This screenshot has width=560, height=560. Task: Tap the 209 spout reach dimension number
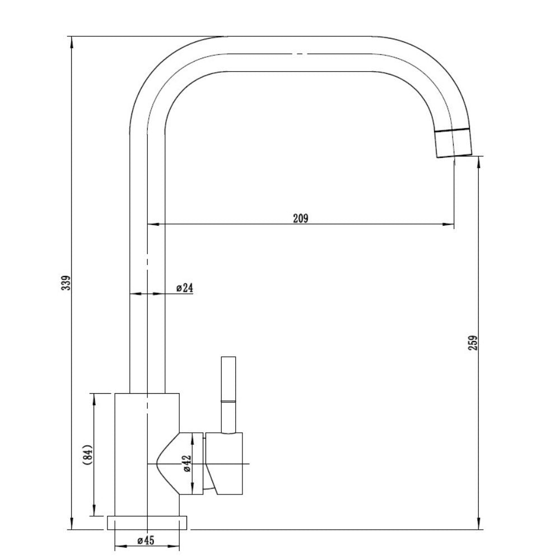(x=300, y=218)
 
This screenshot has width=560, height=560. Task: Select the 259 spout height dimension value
(x=473, y=343)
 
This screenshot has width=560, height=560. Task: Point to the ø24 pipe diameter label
(x=185, y=288)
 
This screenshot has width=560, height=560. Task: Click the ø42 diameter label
(x=188, y=464)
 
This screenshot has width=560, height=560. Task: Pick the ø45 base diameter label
(x=146, y=540)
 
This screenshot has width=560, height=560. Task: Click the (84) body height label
(x=87, y=455)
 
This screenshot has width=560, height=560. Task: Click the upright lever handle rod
(x=228, y=395)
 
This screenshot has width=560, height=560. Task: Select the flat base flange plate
(x=147, y=522)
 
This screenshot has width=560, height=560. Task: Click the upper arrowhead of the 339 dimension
(x=72, y=42)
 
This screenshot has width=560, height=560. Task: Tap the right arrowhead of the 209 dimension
(x=449, y=225)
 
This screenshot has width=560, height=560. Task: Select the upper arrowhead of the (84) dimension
(x=94, y=399)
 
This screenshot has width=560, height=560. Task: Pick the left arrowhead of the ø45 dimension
(x=120, y=546)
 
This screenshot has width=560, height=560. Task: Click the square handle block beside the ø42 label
(x=225, y=464)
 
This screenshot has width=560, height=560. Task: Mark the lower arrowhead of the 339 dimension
(x=72, y=524)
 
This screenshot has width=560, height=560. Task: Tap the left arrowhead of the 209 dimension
(x=153, y=225)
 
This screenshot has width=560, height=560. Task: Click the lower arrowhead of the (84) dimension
(x=94, y=510)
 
